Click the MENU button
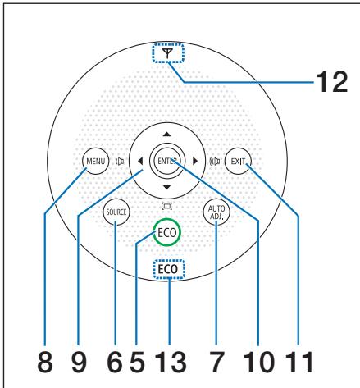tap(93, 161)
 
